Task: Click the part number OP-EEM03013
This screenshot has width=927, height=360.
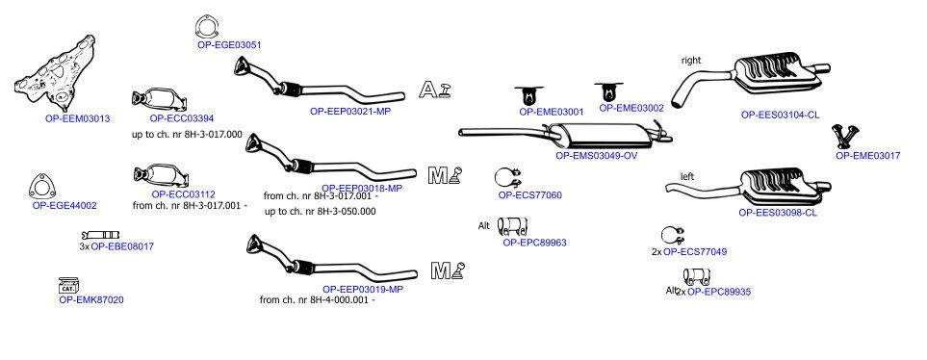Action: (77, 118)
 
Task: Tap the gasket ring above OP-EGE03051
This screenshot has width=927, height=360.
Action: (205, 27)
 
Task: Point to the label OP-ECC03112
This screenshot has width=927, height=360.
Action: (183, 193)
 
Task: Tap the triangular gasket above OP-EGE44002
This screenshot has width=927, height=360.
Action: (42, 187)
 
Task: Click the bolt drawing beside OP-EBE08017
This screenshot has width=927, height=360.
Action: (101, 235)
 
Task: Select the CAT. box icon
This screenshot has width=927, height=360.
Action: (68, 286)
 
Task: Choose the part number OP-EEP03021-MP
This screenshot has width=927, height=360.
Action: (350, 111)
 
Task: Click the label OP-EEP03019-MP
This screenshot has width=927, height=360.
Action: (363, 289)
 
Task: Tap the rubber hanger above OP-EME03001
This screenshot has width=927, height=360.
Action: (528, 95)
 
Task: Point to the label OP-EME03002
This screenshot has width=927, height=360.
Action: (631, 108)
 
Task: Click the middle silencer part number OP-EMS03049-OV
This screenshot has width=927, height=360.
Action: (597, 156)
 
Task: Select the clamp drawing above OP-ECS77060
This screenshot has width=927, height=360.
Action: (508, 177)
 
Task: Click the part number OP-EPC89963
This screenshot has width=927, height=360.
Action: (534, 242)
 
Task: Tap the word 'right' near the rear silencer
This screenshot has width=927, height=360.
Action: (691, 60)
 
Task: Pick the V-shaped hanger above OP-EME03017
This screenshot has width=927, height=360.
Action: (845, 136)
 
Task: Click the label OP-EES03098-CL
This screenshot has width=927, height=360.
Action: (778, 212)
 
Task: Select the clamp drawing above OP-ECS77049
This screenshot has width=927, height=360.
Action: (673, 235)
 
